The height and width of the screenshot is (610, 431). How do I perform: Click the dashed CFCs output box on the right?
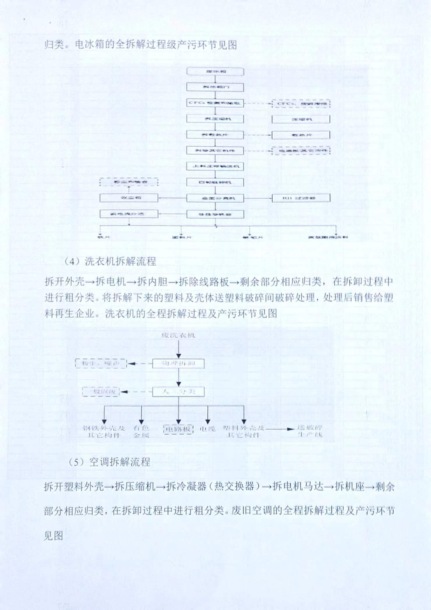pyautogui.click(x=301, y=104)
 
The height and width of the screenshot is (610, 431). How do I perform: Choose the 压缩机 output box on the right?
pyautogui.click(x=301, y=119)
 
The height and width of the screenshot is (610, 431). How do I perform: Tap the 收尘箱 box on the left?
pyautogui.click(x=129, y=198)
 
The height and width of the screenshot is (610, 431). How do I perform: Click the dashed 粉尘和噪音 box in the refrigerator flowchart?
pyautogui.click(x=129, y=182)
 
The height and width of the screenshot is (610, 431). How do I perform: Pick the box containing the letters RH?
pyautogui.click(x=301, y=198)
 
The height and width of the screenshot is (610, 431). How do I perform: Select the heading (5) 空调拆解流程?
pyautogui.click(x=109, y=462)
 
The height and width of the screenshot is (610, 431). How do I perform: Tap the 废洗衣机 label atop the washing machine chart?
pyautogui.click(x=179, y=335)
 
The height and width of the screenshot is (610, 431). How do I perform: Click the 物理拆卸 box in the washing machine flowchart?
pyautogui.click(x=179, y=364)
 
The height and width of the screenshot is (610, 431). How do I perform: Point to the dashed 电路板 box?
pyautogui.click(x=179, y=429)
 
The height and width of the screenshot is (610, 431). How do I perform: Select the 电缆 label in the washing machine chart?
pyautogui.click(x=207, y=429)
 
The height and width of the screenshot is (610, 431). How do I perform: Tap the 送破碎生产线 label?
pyautogui.click(x=310, y=432)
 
